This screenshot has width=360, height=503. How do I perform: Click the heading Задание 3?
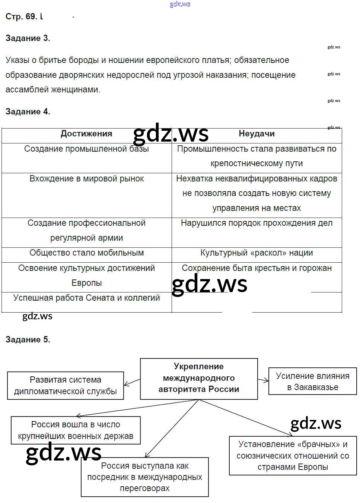point(28,38)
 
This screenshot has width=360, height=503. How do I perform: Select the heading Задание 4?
point(28,111)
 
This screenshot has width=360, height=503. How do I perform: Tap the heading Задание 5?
point(28,339)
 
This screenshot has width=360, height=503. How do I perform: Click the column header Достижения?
point(86,134)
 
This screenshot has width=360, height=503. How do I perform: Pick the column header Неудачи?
point(257,134)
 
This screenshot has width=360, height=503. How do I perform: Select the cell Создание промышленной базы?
point(86,149)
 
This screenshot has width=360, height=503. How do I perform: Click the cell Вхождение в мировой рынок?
point(86,179)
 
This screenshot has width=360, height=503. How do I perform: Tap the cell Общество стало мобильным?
point(86,253)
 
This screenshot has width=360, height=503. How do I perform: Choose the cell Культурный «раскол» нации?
point(257,253)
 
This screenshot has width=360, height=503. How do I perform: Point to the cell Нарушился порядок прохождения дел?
point(257,223)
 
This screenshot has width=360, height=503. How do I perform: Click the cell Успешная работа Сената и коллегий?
point(86,298)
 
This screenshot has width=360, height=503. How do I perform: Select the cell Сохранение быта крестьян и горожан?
point(257,268)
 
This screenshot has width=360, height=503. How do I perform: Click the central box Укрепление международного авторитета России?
point(199,378)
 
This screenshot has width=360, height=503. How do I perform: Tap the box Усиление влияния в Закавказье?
point(312,382)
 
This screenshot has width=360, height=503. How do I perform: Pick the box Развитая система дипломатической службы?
point(66,386)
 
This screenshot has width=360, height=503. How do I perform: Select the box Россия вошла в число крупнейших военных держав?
point(76,430)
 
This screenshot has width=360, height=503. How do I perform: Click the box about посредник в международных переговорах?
point(145,477)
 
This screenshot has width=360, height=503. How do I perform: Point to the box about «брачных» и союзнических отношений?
point(293,455)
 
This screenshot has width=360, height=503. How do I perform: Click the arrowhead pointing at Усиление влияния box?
point(267,380)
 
